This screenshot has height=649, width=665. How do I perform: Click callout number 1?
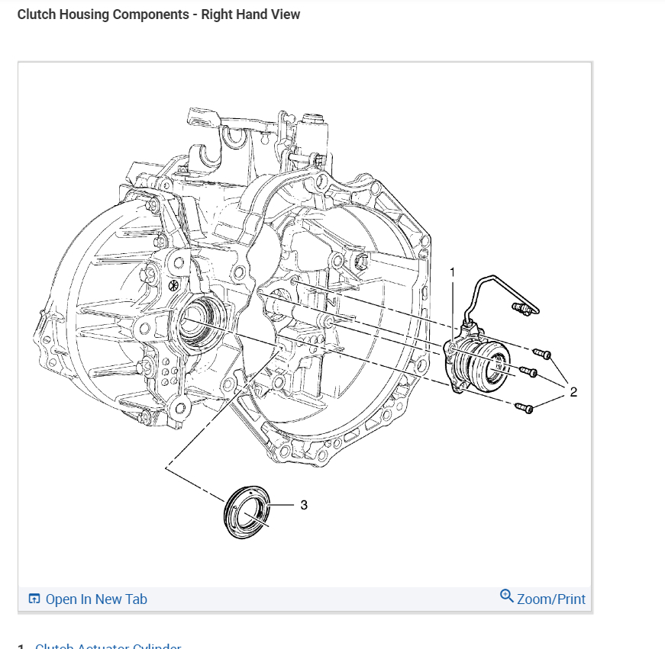(x=452, y=272)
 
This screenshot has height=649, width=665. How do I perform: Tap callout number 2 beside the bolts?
(x=573, y=392)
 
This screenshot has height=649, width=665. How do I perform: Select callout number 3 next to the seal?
(x=304, y=505)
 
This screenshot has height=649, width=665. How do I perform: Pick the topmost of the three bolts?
(x=542, y=353)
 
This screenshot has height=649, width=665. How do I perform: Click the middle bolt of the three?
(x=527, y=372)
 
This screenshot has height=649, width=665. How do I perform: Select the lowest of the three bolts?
(x=524, y=408)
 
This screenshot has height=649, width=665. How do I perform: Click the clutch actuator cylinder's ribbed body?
(x=480, y=363)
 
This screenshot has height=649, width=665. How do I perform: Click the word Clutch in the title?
(x=36, y=14)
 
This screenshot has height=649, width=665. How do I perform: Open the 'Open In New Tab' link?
(x=96, y=599)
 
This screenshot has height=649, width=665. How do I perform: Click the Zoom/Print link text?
(x=551, y=599)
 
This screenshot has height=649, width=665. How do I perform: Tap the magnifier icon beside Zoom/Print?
(x=507, y=596)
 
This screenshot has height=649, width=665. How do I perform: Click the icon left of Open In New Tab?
(x=34, y=599)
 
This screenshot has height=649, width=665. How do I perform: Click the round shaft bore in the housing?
(x=199, y=320)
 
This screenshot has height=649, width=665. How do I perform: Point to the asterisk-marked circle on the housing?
(x=173, y=285)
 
